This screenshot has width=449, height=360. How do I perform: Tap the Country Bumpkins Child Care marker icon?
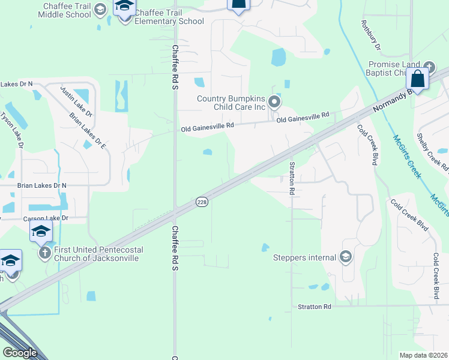tap(274, 102)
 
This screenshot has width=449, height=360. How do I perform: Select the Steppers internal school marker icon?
tap(345, 257)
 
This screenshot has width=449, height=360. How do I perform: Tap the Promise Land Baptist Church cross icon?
tap(429, 67)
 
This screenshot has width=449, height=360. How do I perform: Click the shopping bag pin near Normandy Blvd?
tap(417, 79)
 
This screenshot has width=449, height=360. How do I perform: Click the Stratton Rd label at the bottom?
tap(315, 307)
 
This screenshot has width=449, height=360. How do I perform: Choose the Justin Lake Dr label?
tap(76, 101)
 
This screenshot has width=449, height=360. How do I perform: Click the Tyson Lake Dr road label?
tap(12, 129)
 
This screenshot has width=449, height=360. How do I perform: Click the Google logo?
tap(20, 353)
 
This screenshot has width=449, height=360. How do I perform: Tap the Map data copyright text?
tap(424, 355)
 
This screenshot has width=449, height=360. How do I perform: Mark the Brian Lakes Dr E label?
tap(87, 130)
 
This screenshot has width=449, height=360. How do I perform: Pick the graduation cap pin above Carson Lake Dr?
tap(41, 231)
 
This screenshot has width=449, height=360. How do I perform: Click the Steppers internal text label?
tap(305, 258)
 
